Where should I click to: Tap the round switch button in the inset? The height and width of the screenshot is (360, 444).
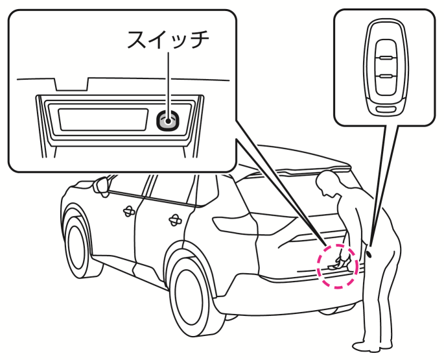click(x=168, y=119)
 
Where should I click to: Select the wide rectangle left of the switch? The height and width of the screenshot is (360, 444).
click(x=102, y=119)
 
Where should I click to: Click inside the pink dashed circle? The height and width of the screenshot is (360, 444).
click(x=336, y=265)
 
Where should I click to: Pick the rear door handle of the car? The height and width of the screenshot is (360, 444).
click(x=174, y=220)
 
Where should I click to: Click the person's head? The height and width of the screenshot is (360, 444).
click(x=331, y=184)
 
